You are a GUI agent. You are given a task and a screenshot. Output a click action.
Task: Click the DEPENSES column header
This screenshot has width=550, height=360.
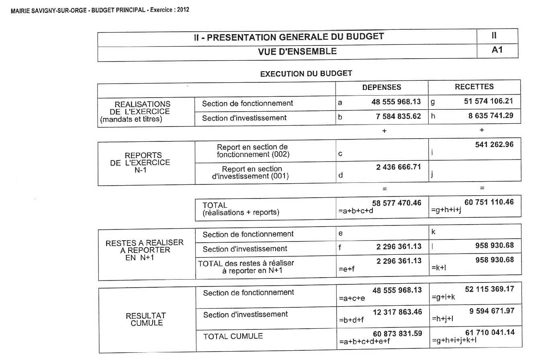point(382,87)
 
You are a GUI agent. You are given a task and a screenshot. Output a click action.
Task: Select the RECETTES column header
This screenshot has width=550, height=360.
point(474,87)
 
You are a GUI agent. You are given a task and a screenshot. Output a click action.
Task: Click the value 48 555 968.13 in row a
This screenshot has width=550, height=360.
point(397,102)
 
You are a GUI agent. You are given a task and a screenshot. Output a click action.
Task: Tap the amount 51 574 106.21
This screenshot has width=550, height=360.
point(489,101)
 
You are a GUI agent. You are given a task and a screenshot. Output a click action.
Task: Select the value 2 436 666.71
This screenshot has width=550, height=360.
point(399,167)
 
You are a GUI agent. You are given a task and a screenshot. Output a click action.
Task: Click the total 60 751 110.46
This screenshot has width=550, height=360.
point(489,202)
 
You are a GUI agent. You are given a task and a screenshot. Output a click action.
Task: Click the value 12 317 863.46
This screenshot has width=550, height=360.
point(397,312)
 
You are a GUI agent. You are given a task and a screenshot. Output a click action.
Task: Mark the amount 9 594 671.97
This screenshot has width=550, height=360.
point(491,310)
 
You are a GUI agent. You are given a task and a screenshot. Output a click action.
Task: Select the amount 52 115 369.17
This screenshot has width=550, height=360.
point(489,289)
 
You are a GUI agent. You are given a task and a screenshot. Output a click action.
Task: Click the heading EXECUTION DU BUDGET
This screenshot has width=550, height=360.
point(306,74)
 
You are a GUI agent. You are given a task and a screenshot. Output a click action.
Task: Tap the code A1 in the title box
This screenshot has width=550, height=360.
point(497,51)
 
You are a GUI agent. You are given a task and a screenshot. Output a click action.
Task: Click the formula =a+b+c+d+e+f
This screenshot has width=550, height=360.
point(364,342)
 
